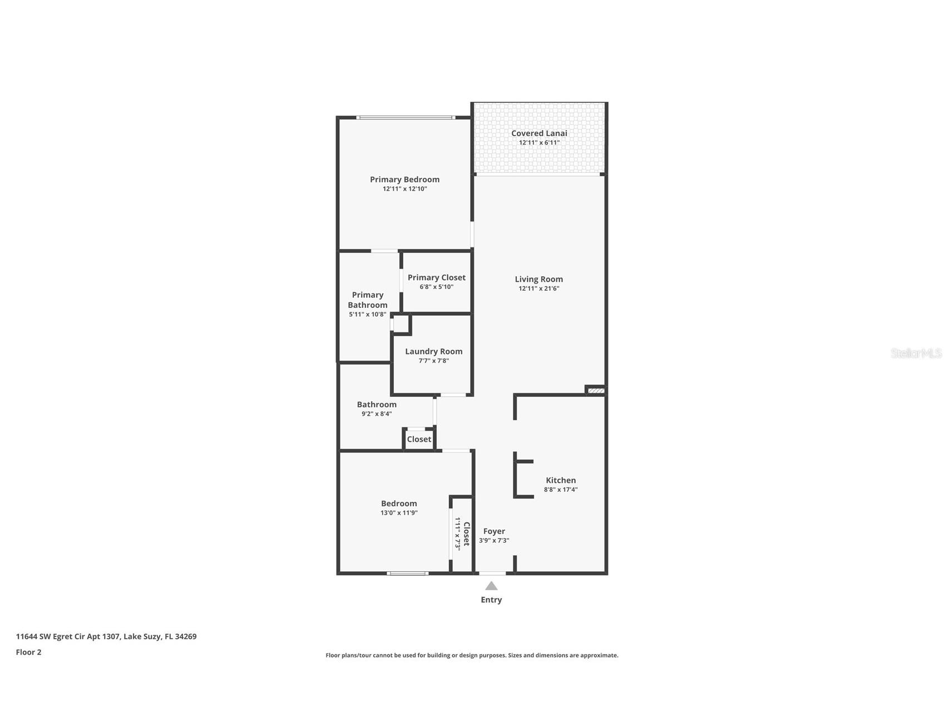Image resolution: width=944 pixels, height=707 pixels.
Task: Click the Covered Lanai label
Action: [538, 133]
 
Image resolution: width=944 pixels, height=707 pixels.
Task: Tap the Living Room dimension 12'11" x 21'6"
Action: [538, 288]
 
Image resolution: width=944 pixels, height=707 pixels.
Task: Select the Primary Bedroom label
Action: [404, 180]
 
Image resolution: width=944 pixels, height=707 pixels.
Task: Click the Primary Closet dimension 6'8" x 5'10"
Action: [436, 287]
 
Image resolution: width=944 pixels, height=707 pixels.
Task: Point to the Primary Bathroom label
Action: [367, 300]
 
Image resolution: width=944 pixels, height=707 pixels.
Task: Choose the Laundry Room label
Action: [433, 351]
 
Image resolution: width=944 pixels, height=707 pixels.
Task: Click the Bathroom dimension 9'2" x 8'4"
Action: [377, 414]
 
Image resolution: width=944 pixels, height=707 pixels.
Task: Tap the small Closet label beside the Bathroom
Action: [419, 439]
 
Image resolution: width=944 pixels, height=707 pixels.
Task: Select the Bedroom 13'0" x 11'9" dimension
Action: [399, 513]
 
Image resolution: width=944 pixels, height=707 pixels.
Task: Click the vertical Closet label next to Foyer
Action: [467, 534]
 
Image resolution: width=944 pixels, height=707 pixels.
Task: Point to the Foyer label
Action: [494, 531]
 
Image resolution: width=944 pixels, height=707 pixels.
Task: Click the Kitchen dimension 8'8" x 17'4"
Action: [561, 490]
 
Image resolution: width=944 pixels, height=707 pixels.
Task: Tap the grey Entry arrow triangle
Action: [491, 586]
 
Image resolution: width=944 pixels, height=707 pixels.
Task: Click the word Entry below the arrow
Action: [491, 600]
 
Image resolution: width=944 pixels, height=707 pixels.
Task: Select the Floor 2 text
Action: [28, 652]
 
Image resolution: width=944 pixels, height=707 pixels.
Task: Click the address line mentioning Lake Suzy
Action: [106, 636]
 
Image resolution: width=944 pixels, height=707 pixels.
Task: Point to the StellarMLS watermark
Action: [916, 353]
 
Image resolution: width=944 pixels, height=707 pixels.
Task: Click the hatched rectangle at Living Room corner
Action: [596, 391]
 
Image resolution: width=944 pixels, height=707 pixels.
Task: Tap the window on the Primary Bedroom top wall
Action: [405, 117]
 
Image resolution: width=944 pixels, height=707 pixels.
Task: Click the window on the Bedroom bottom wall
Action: [408, 573]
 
